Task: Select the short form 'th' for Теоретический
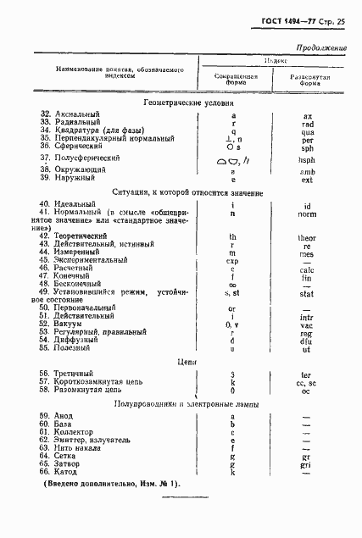(x=232, y=238)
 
